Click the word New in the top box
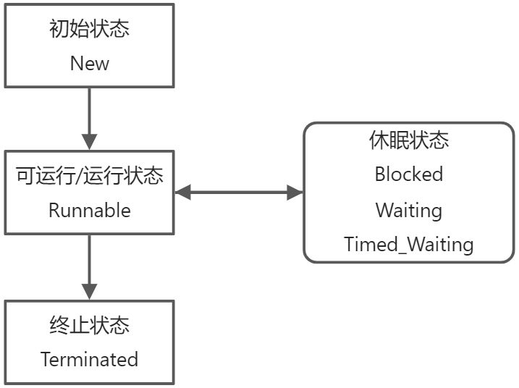tap(90, 63)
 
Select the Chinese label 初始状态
tap(90, 30)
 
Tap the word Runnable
tap(90, 211)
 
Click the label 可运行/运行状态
tap(90, 176)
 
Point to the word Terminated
tap(89, 359)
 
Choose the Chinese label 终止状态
tap(90, 326)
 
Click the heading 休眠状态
tap(408, 140)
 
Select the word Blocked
tap(408, 174)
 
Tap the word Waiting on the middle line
tap(408, 210)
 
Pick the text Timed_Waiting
tap(408, 245)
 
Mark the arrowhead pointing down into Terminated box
tap(90, 291)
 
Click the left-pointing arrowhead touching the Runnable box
tap(182, 193)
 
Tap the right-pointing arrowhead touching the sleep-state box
tap(295, 193)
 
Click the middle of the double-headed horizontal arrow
tap(239, 193)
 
